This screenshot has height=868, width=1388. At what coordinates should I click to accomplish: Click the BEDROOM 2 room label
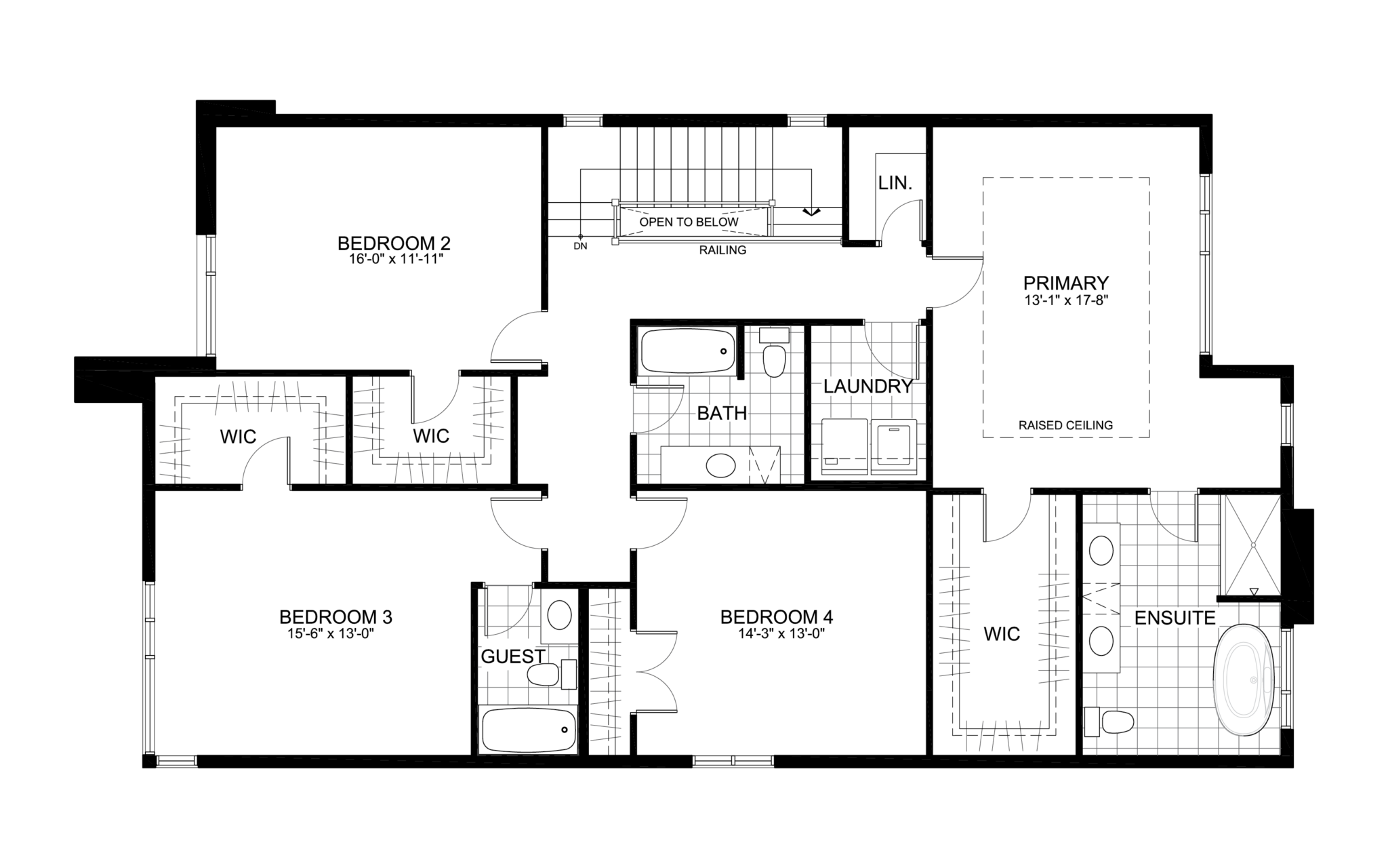(394, 243)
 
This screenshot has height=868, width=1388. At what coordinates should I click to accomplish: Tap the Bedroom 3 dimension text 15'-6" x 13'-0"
(331, 633)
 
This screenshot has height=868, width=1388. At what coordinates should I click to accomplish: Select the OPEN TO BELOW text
(689, 222)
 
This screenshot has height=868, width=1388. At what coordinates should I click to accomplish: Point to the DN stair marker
(580, 245)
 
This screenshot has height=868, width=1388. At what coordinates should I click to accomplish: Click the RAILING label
(722, 250)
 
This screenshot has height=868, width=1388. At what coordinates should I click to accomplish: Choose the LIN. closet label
(895, 182)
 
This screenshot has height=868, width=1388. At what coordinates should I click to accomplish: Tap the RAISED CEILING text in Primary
(1065, 425)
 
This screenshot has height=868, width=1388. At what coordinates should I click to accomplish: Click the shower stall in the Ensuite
(1250, 545)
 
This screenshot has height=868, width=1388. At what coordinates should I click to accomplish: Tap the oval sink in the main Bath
(720, 466)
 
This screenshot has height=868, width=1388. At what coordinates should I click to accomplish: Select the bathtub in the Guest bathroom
(527, 730)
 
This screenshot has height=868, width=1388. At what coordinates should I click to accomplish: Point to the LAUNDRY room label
(867, 387)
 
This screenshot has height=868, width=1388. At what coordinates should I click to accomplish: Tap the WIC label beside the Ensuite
(1002, 633)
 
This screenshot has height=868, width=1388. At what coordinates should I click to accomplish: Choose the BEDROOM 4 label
(776, 617)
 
